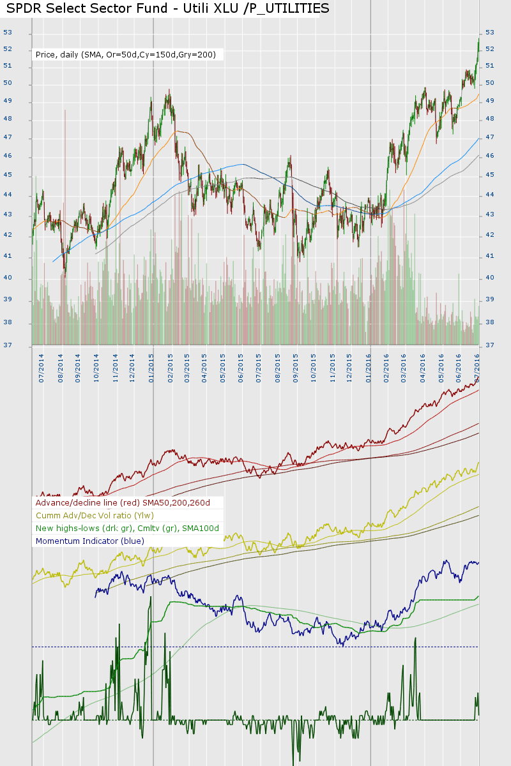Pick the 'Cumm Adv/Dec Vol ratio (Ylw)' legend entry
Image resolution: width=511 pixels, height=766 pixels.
coord(95,515)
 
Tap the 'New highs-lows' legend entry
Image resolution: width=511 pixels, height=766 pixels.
coord(127,528)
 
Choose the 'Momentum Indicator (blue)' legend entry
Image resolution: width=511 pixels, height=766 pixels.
coord(89,541)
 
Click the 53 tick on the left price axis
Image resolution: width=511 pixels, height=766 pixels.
coord(8,32)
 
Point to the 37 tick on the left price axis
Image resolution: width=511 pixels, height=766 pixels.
coord(8,345)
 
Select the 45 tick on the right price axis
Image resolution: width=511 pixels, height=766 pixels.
coord(490,174)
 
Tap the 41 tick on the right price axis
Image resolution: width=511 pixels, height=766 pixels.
coord(490,256)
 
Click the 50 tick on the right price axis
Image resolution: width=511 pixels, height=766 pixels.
coord(490,82)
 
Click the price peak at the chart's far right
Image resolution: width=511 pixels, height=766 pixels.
coord(478,40)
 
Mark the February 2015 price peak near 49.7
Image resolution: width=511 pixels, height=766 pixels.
coord(169,90)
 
